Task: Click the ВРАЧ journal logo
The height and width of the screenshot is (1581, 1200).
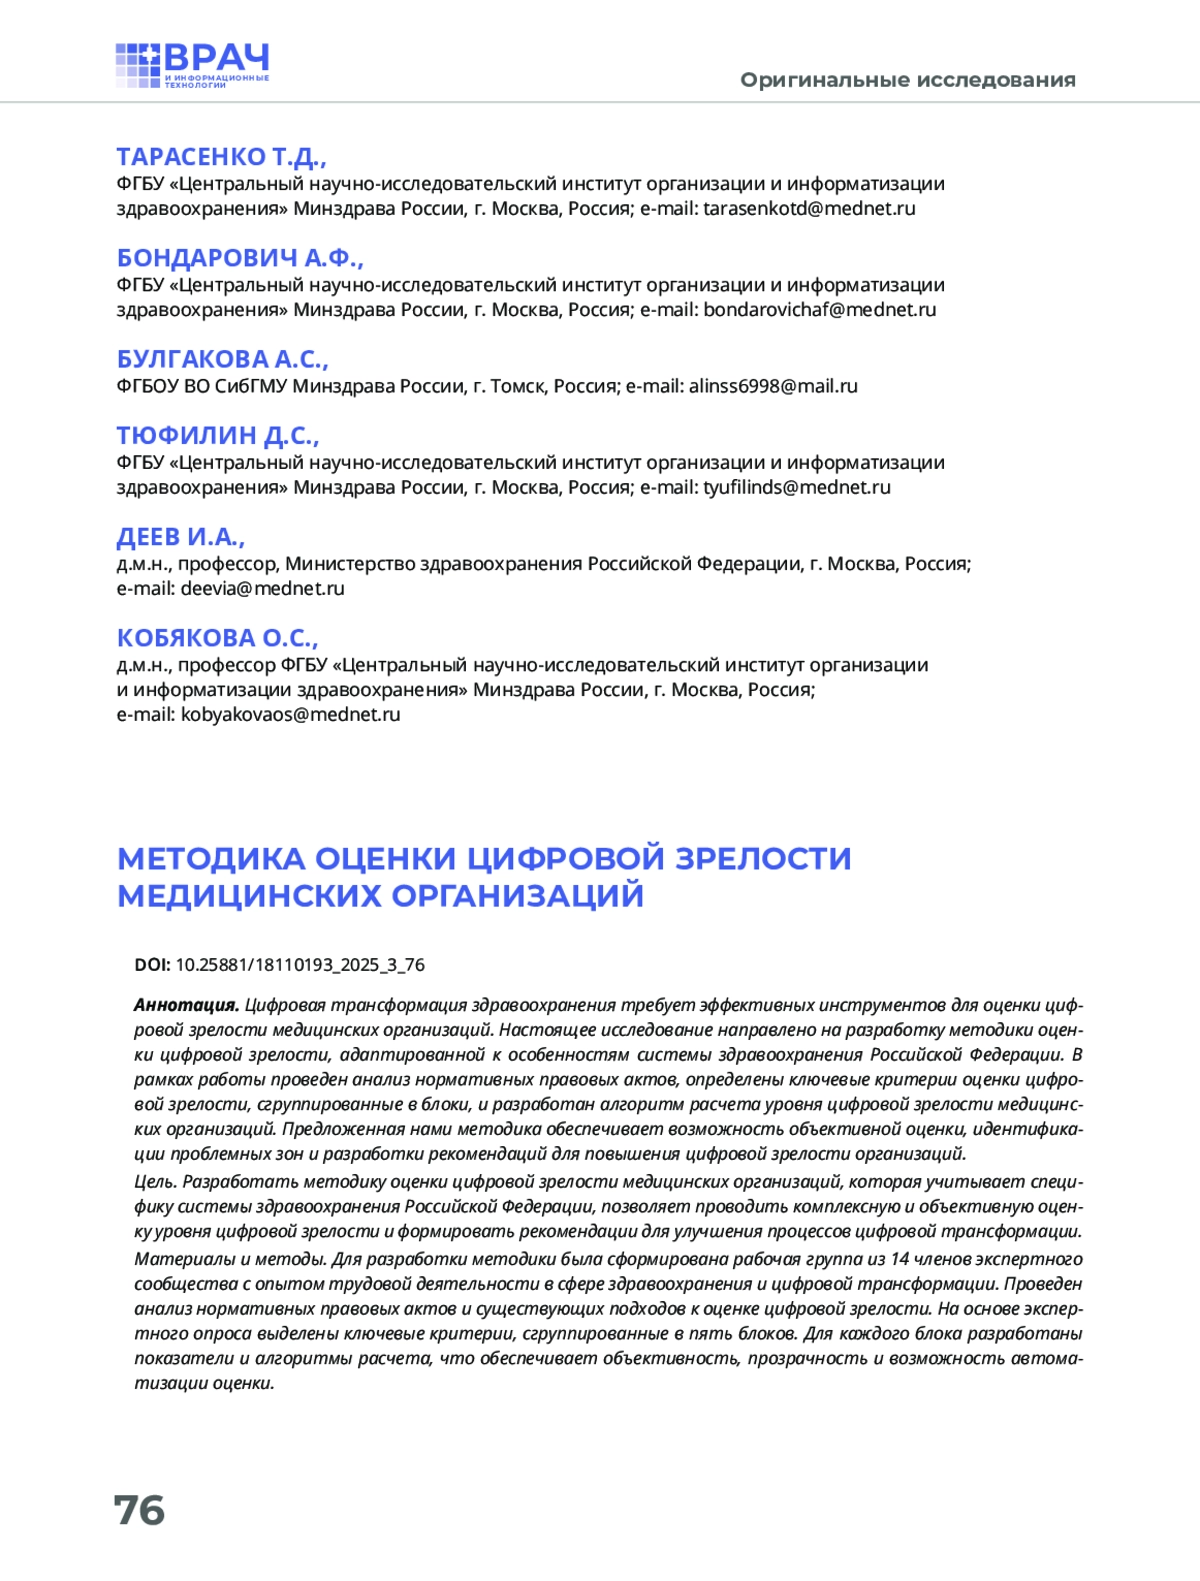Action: tap(192, 65)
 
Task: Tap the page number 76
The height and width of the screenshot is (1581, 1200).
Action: tap(139, 1510)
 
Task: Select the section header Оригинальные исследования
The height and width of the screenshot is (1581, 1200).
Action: tap(907, 80)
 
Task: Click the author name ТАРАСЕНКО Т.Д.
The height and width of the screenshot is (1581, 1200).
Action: tap(221, 157)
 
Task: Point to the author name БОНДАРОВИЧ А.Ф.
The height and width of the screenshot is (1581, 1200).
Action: tap(240, 258)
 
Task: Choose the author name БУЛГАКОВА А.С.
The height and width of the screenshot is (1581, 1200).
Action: tap(222, 359)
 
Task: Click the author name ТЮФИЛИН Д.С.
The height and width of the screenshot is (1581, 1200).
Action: tap(217, 436)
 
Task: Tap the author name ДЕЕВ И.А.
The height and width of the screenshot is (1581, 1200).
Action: tap(180, 537)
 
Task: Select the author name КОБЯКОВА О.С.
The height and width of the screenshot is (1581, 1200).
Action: tap(217, 638)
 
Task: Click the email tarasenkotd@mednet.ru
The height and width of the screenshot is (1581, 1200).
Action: tap(809, 209)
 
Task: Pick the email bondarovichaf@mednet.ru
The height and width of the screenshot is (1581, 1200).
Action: tap(819, 310)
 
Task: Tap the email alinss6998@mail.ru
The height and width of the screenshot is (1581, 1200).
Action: tap(773, 386)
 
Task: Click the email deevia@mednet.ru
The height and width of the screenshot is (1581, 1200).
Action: tap(262, 589)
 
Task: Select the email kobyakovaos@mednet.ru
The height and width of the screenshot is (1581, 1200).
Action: tap(290, 715)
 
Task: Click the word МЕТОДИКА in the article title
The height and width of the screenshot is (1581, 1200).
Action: tap(211, 859)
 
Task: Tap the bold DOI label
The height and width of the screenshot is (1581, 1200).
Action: tap(152, 965)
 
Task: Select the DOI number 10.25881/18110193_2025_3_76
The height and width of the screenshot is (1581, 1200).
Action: tap(300, 965)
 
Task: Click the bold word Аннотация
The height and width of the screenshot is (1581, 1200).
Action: tap(186, 1005)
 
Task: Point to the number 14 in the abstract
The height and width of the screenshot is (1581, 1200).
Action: tap(900, 1259)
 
